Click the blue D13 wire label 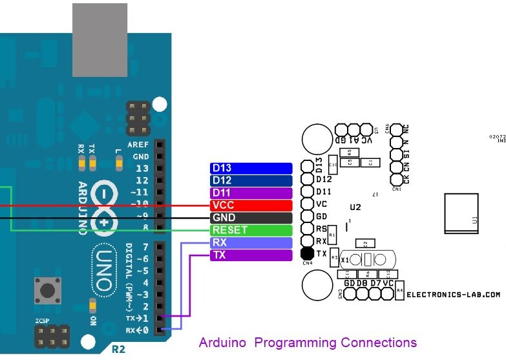[x=251, y=168]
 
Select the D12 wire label [x=251, y=180]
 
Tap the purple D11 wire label [x=251, y=193]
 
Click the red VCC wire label [x=251, y=205]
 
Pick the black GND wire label [x=251, y=218]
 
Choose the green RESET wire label [x=251, y=230]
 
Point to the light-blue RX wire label [x=251, y=243]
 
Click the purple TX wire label [x=251, y=255]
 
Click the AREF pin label [x=139, y=145]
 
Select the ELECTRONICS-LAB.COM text [x=453, y=294]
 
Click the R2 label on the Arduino [x=118, y=350]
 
